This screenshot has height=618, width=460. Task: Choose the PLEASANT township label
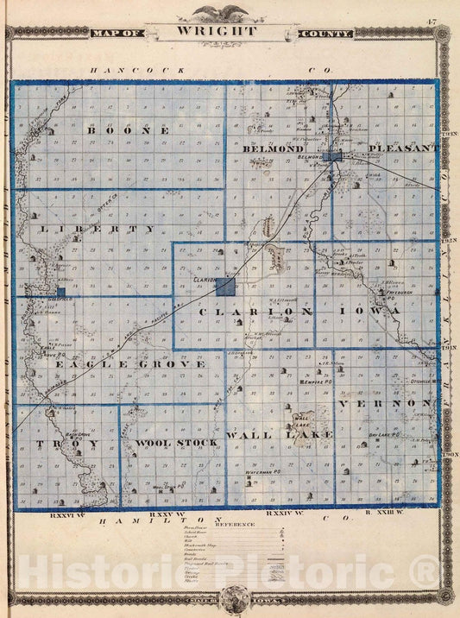click(x=404, y=148)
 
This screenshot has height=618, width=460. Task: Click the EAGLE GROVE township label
click(x=130, y=364)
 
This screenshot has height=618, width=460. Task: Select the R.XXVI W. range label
click(x=66, y=515)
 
